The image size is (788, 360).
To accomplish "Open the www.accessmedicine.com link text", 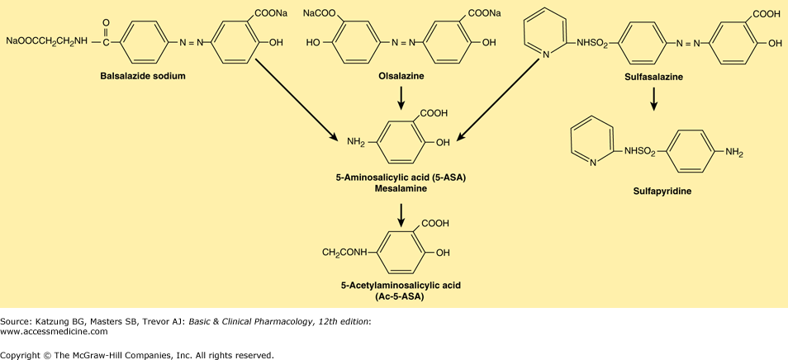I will tap(55, 331).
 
